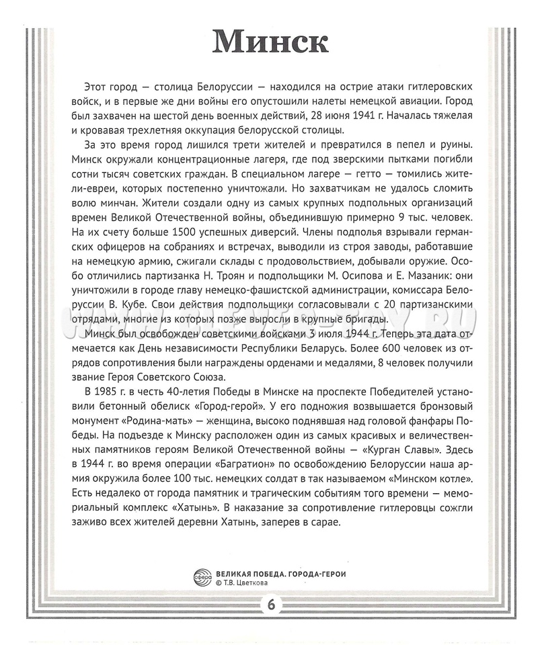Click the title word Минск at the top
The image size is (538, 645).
[x=270, y=42]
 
